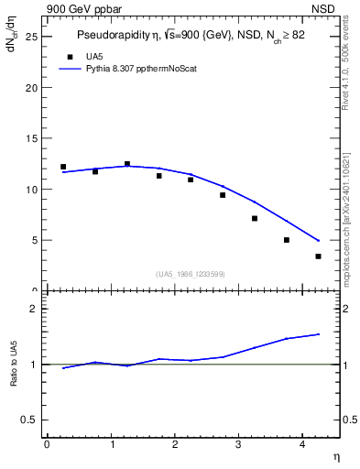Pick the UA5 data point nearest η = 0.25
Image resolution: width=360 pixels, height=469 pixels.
[x=63, y=167]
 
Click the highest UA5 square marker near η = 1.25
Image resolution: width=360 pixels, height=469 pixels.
[x=127, y=164]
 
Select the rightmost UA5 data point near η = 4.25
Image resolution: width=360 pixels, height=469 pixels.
[x=318, y=256]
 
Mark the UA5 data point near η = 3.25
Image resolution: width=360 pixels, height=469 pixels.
[x=255, y=218]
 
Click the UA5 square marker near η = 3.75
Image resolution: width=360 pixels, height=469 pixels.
[x=287, y=240]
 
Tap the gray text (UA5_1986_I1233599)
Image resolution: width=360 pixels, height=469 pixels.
[x=191, y=274]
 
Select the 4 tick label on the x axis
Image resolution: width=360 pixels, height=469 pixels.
[x=302, y=444]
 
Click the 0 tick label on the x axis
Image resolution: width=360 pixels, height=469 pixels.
[x=47, y=444]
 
